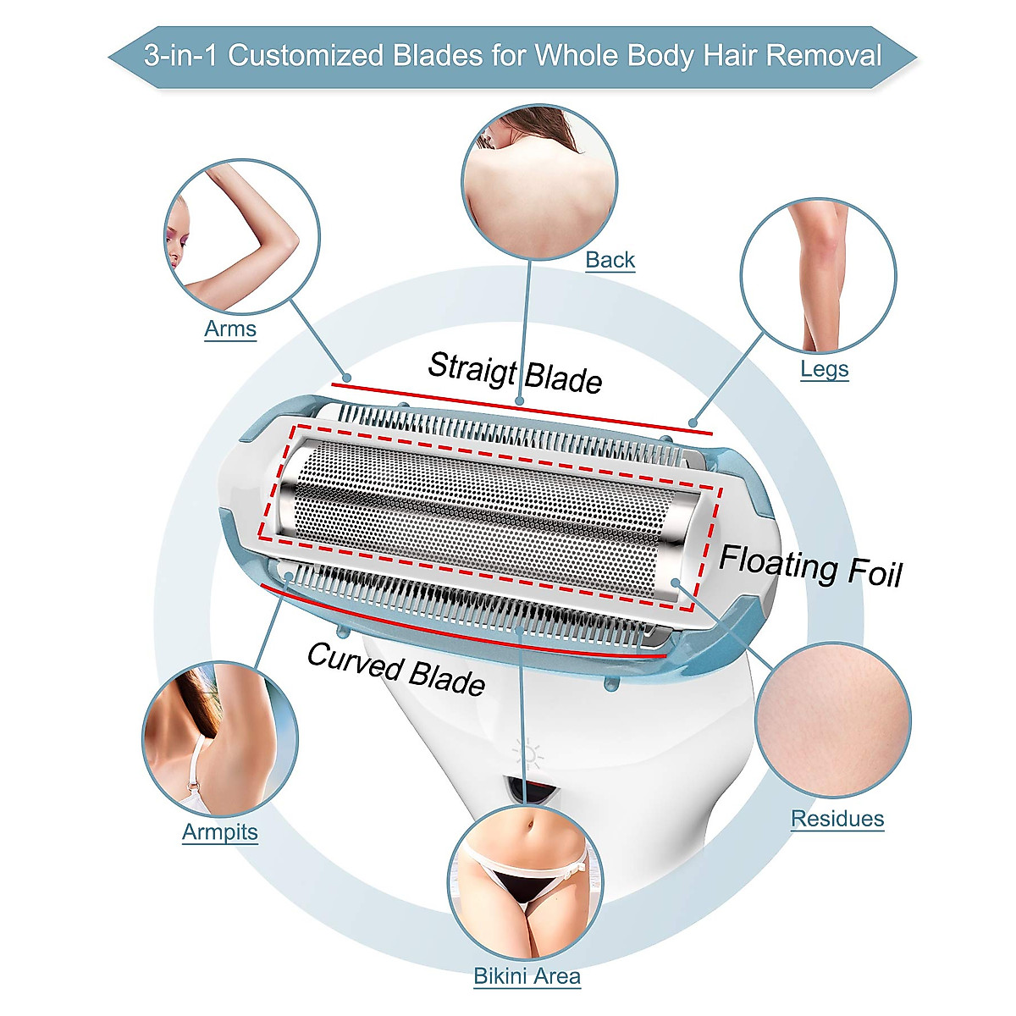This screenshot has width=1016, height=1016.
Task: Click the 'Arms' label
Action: [230, 329]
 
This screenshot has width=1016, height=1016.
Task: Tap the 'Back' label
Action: [610, 260]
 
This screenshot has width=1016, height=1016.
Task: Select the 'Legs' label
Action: [824, 369]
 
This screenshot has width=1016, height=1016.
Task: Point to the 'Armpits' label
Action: [219, 831]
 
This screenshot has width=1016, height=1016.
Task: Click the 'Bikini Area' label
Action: [527, 975]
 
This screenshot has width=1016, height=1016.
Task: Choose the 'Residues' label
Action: [837, 819]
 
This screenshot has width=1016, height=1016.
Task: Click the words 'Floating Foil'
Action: [810, 566]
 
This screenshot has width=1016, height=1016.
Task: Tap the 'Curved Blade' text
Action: [395, 668]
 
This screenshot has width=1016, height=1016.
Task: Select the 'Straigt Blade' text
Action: [515, 373]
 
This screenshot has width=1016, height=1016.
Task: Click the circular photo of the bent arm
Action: [241, 236]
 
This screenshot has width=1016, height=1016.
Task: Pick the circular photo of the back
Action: [539, 181]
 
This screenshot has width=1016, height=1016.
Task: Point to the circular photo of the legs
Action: [817, 275]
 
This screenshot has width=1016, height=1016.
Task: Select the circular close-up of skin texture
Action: [832, 721]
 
